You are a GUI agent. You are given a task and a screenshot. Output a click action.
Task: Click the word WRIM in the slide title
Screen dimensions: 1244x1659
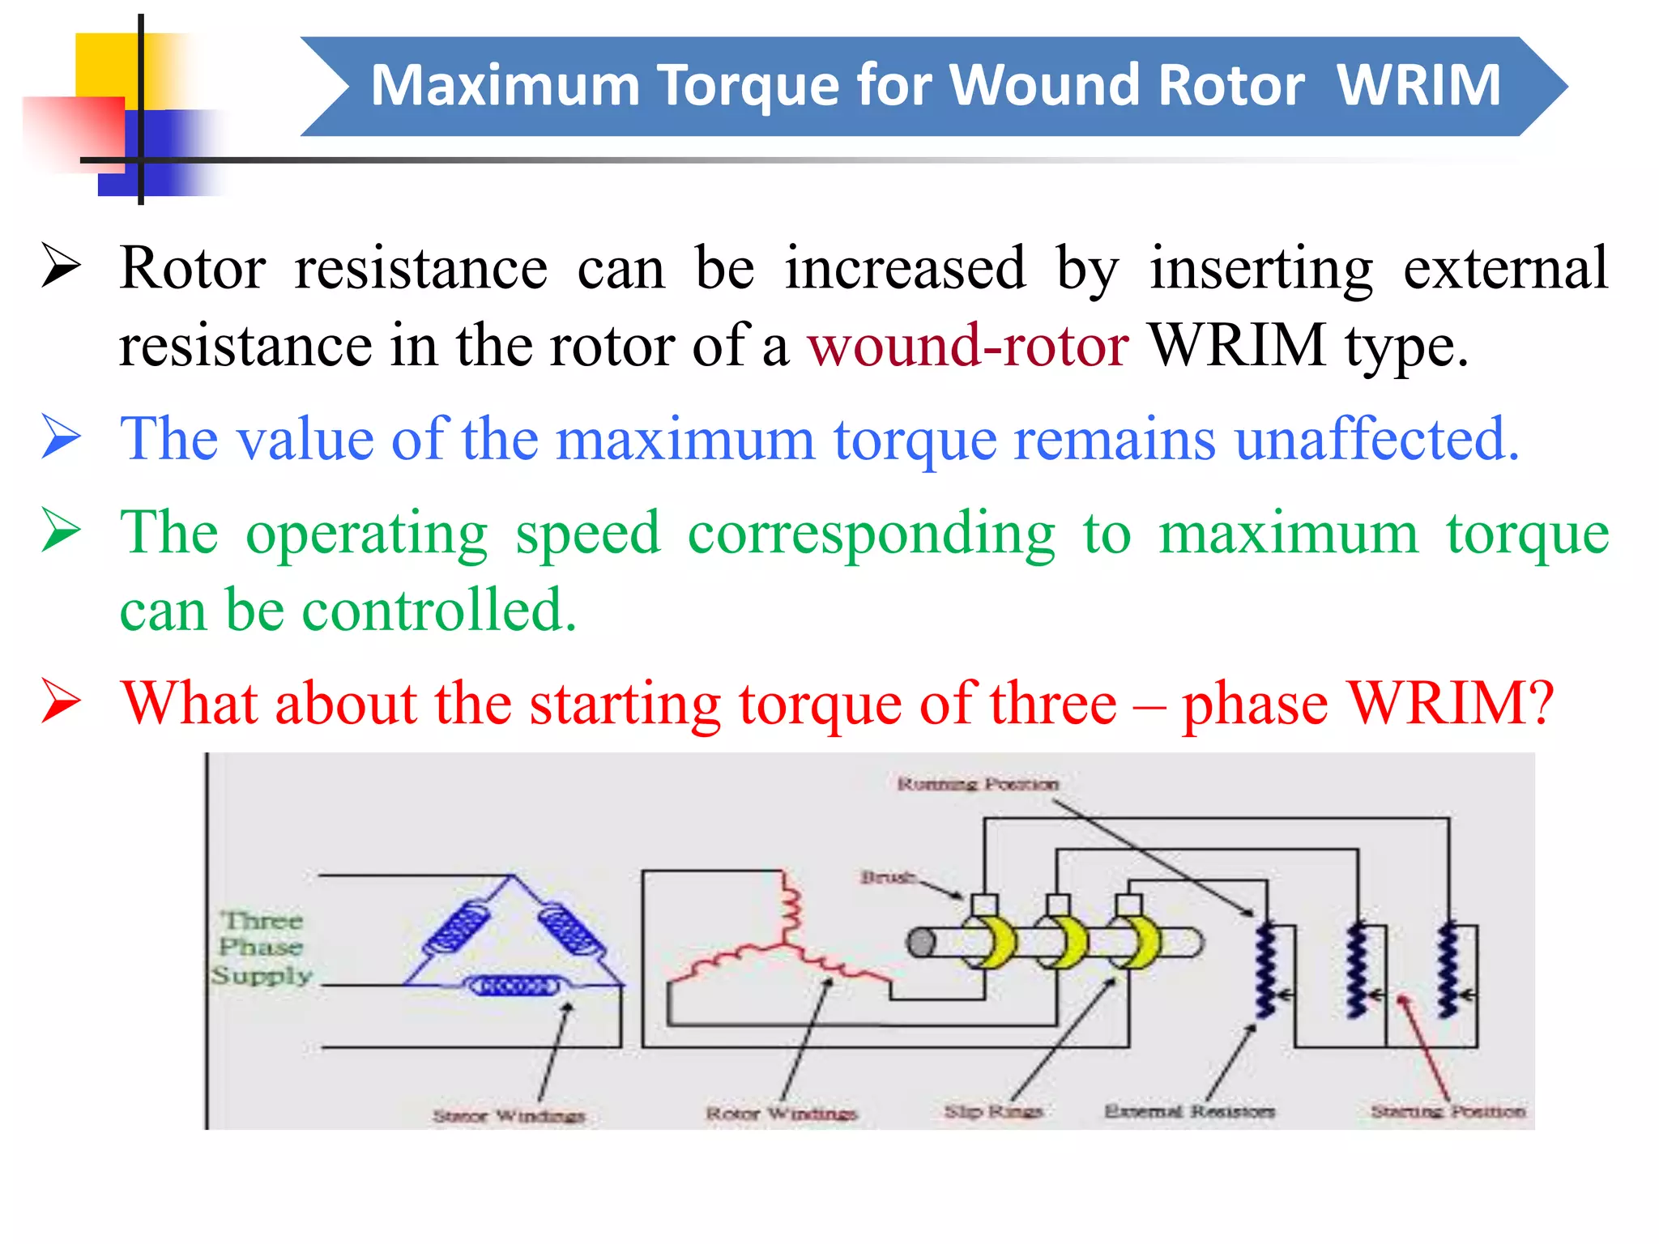coord(1418,85)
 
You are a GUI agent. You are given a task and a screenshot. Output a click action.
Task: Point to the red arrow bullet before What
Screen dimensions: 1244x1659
coord(62,701)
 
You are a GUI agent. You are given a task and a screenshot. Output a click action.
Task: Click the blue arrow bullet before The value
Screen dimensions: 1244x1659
coord(62,437)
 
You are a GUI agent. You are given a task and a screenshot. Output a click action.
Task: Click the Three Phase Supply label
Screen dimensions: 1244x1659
coord(261,948)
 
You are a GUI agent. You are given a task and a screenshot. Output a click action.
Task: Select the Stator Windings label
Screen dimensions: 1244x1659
coord(509,1116)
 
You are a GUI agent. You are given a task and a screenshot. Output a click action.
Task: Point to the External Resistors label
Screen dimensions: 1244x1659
coord(1189,1111)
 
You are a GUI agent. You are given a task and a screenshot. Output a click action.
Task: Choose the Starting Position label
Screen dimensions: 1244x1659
coord(1448,1111)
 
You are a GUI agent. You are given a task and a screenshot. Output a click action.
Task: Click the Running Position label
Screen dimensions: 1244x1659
coord(978,784)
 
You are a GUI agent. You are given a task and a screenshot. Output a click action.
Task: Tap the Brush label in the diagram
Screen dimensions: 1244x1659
coord(888,877)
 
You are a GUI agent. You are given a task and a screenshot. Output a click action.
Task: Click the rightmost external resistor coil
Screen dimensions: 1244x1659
coord(1448,970)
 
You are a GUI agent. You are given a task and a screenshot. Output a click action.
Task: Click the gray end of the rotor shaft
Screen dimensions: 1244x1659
coord(919,943)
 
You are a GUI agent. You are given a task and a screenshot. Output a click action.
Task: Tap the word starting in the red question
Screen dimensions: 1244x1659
coord(625,703)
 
